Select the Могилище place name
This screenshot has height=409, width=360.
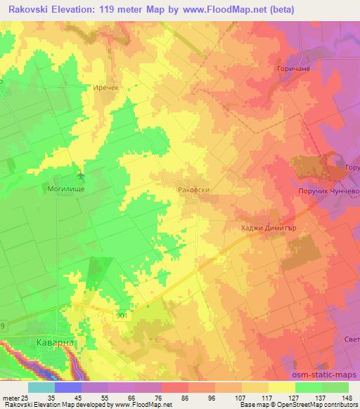tap(65, 188)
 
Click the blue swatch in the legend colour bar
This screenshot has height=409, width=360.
tap(67, 387)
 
